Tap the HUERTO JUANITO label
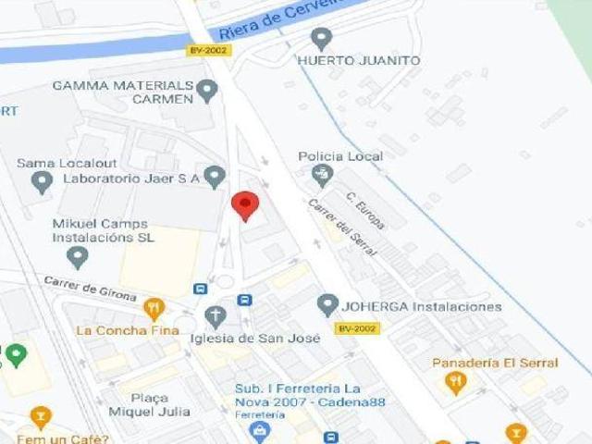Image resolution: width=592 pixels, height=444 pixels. (359, 61)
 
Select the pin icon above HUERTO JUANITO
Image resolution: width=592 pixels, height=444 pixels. (322, 39)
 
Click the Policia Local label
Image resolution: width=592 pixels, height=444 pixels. (340, 156)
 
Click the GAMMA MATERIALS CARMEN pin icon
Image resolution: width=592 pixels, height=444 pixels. (207, 90)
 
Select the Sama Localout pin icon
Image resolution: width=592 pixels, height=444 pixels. (41, 181)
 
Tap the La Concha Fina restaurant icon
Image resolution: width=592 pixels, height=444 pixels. (154, 309)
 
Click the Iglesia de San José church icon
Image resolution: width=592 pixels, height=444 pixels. (215, 317)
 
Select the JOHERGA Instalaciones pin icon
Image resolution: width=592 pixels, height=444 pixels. (327, 304)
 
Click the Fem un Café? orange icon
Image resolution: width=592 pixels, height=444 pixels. (40, 418)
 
